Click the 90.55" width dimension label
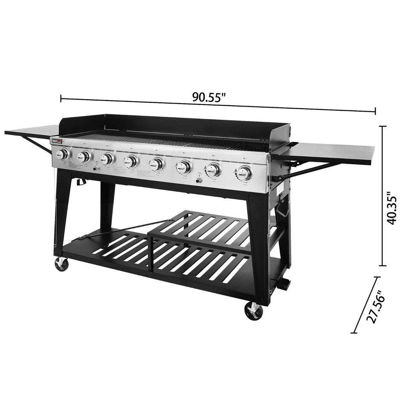tap(208, 97)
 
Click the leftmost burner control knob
tap(63, 154)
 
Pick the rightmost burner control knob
tap(244, 173)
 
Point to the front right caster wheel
tap(254, 311)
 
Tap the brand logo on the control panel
tap(57, 141)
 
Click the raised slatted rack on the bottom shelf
tap(200, 226)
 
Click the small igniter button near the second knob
tap(96, 168)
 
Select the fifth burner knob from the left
tap(158, 164)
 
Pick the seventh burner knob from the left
tap(213, 170)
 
